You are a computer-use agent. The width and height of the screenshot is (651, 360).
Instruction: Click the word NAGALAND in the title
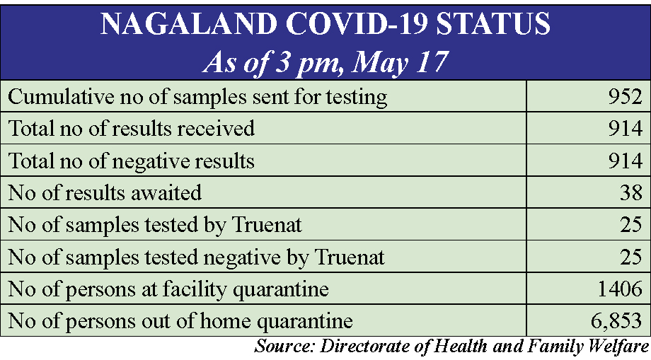(x=189, y=23)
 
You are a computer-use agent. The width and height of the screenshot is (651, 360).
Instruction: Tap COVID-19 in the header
(x=357, y=23)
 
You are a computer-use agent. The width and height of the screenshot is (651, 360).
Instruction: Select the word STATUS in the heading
(x=492, y=23)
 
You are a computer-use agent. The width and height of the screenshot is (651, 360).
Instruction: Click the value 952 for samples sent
(x=626, y=96)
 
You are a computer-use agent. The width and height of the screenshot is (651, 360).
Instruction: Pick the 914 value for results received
(x=626, y=129)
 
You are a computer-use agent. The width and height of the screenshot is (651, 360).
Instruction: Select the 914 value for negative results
(x=626, y=161)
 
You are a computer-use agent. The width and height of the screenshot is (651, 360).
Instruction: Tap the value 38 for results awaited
(x=631, y=192)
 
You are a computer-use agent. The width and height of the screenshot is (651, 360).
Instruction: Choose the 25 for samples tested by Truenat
(x=631, y=224)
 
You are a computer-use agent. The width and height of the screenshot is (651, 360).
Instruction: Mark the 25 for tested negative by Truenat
(x=631, y=257)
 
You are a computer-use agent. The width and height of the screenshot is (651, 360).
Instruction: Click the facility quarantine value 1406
(x=620, y=289)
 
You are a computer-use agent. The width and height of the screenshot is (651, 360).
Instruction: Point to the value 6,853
(x=616, y=321)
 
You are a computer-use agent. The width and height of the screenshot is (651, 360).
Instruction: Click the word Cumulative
(x=61, y=97)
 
